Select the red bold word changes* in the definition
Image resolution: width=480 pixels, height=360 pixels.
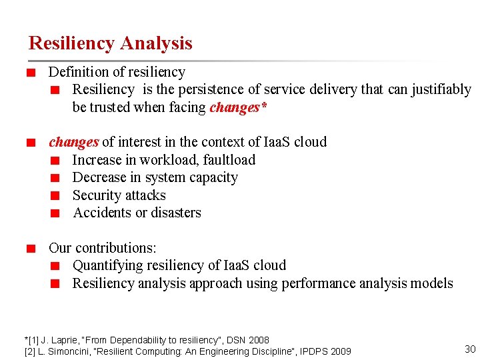238,107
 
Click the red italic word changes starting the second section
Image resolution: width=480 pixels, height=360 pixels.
73,142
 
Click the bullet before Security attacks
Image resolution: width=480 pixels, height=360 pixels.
57,196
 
